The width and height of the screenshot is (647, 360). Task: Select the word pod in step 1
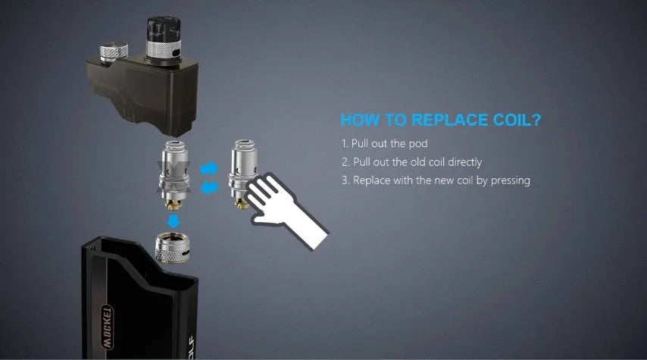tap(418, 144)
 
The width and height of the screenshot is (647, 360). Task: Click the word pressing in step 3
tap(510, 180)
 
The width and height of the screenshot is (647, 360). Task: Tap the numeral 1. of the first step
tap(345, 143)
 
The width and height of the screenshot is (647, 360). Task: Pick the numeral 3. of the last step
tap(345, 180)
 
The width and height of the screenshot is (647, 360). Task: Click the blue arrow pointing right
tap(209, 168)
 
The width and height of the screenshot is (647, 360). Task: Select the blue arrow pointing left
tap(209, 188)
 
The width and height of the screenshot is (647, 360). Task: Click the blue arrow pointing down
tap(173, 221)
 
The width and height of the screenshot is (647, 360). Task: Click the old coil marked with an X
tap(173, 174)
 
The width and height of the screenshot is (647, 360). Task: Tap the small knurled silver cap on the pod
tap(114, 53)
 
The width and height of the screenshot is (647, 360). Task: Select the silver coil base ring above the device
tap(173, 247)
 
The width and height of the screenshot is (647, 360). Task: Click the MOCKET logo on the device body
tap(107, 327)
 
